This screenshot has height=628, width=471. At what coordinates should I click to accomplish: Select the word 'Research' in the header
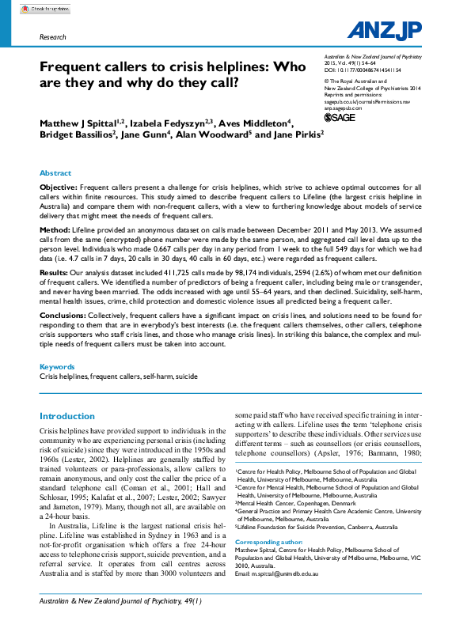(52, 37)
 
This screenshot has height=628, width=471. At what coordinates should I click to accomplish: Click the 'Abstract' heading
(55, 172)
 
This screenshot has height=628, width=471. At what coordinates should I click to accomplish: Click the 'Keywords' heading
(57, 366)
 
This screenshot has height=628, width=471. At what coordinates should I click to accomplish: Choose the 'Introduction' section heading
(67, 416)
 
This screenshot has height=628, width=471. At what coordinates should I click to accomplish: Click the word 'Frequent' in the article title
(74, 68)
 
